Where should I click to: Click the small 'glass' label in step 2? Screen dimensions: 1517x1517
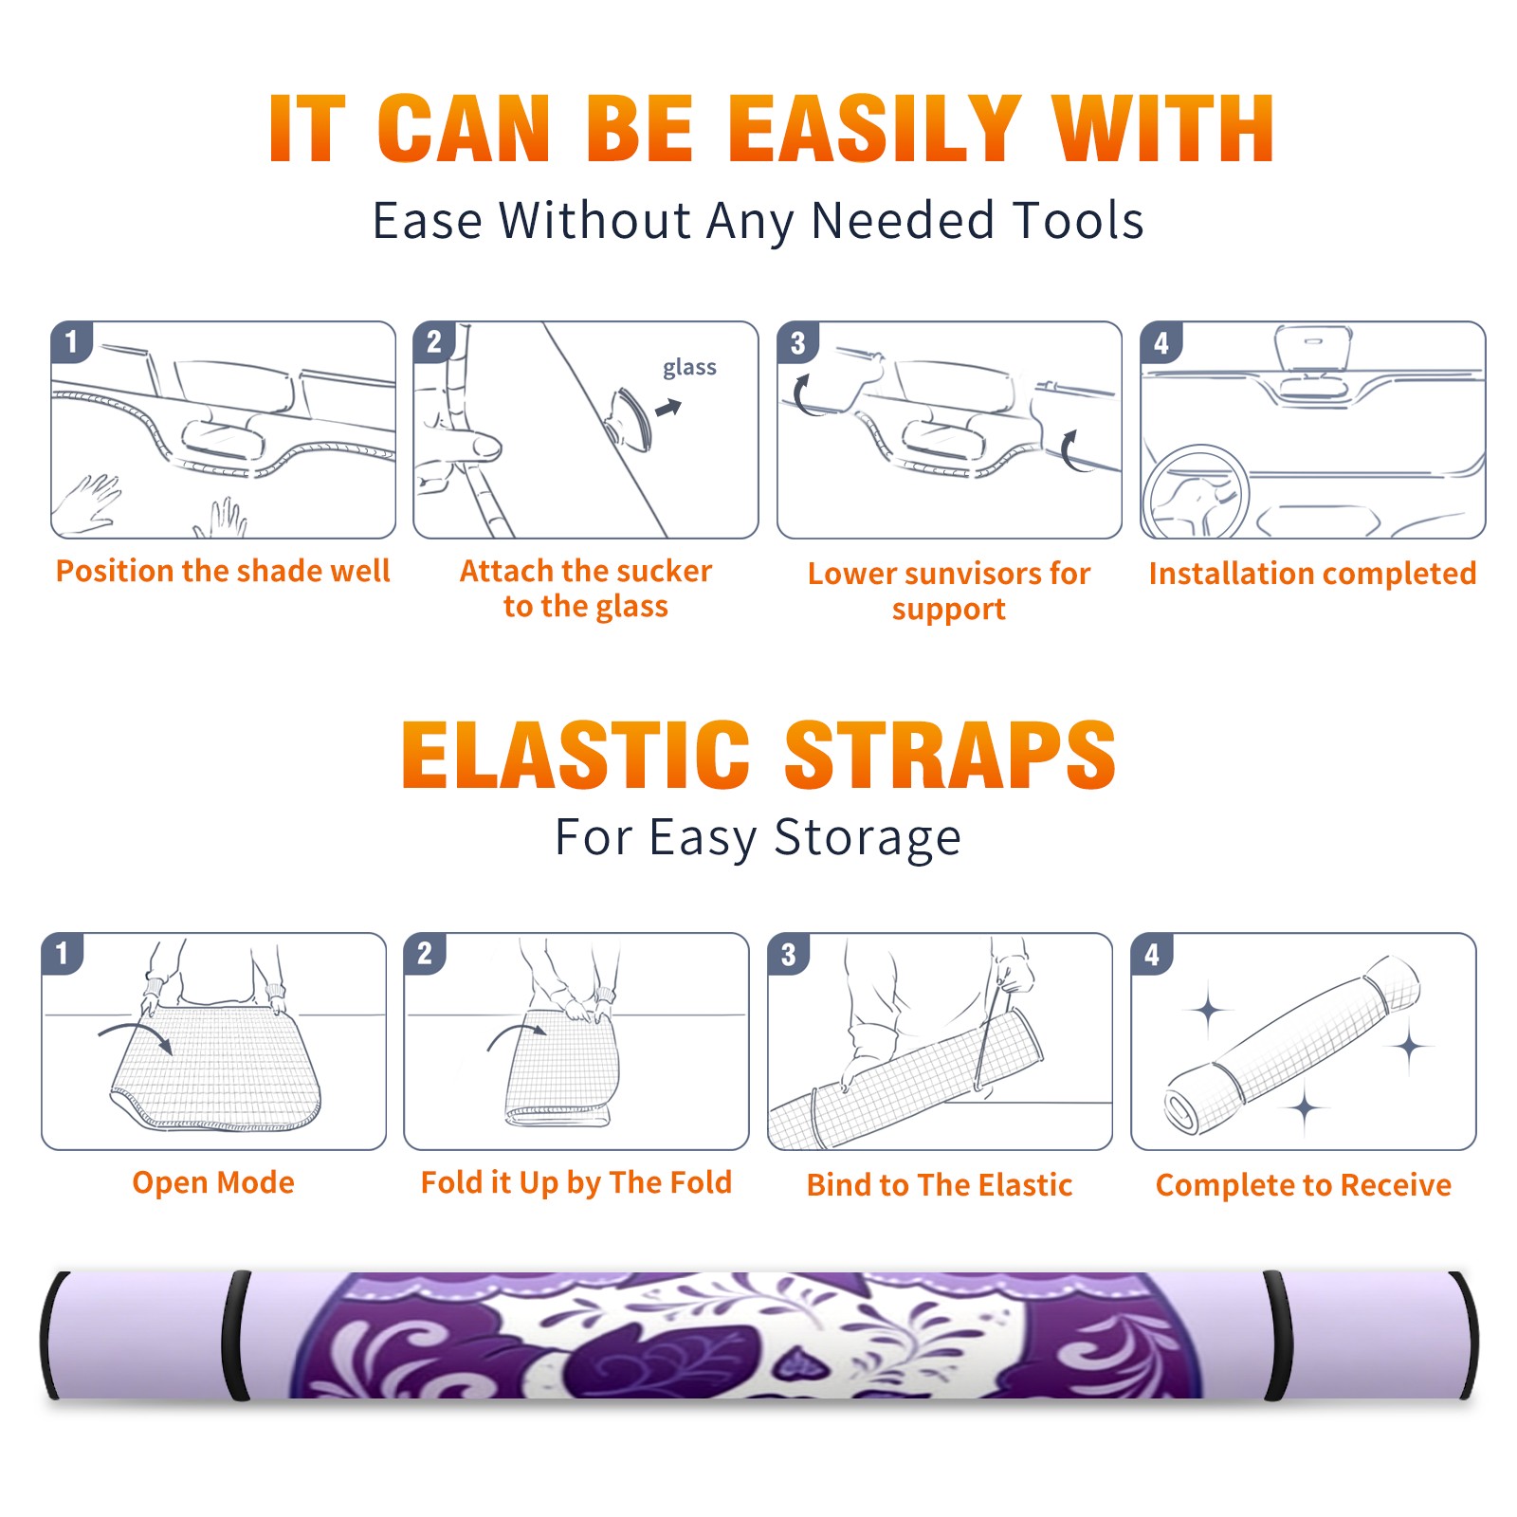tap(689, 368)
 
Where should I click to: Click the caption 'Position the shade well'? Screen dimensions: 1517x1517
tap(223, 571)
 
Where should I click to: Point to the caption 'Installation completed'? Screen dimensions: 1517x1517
tap(1312, 573)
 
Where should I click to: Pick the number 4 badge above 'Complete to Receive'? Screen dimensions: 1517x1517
tap(1152, 954)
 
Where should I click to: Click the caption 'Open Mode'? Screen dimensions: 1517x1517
tap(213, 1182)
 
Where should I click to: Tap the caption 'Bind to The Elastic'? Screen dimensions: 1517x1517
tap(940, 1184)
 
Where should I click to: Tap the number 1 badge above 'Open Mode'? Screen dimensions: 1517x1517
tap(63, 954)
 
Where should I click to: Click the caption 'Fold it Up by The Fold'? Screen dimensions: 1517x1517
tap(576, 1182)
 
